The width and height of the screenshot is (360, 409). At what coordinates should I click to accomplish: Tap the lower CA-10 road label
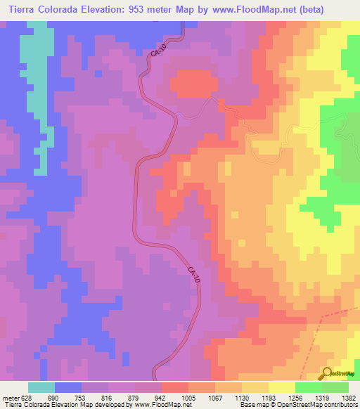click(x=195, y=275)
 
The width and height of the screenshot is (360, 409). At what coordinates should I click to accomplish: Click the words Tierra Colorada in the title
click(x=39, y=10)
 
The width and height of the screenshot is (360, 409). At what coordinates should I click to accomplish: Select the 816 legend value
click(x=108, y=397)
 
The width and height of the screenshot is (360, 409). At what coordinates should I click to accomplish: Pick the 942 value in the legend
click(x=161, y=397)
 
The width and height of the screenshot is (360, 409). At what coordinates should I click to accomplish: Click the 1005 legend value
click(x=188, y=397)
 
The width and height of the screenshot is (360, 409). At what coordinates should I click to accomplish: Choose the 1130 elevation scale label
click(x=242, y=397)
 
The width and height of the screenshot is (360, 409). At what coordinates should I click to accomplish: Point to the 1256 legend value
click(x=295, y=397)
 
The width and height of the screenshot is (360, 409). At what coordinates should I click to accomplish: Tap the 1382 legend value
click(x=348, y=397)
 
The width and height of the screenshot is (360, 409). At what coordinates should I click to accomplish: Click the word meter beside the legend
click(x=10, y=397)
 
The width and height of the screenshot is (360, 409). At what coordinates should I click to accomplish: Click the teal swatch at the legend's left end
click(x=41, y=387)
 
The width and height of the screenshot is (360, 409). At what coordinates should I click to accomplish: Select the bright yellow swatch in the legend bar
click(x=281, y=387)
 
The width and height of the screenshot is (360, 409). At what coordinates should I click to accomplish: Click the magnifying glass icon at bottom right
click(x=328, y=372)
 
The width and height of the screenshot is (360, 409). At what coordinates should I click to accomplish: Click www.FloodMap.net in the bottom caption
click(x=162, y=405)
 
